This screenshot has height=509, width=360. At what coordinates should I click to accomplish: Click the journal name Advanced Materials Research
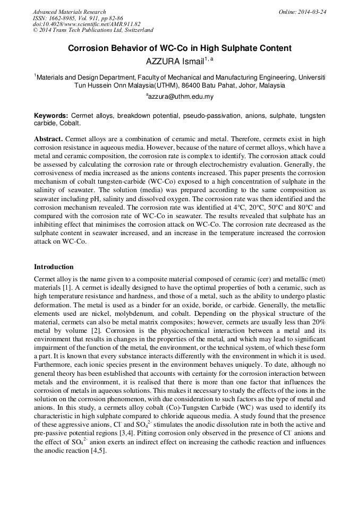point(69,12)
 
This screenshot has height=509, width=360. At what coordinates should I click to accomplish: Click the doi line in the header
point(87,24)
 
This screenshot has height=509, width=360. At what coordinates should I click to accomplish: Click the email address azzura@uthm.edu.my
point(181,97)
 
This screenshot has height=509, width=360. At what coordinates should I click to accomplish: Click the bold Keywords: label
point(51,116)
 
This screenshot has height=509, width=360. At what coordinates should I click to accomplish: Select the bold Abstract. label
point(48,139)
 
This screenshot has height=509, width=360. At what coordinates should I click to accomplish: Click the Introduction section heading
point(54,267)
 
